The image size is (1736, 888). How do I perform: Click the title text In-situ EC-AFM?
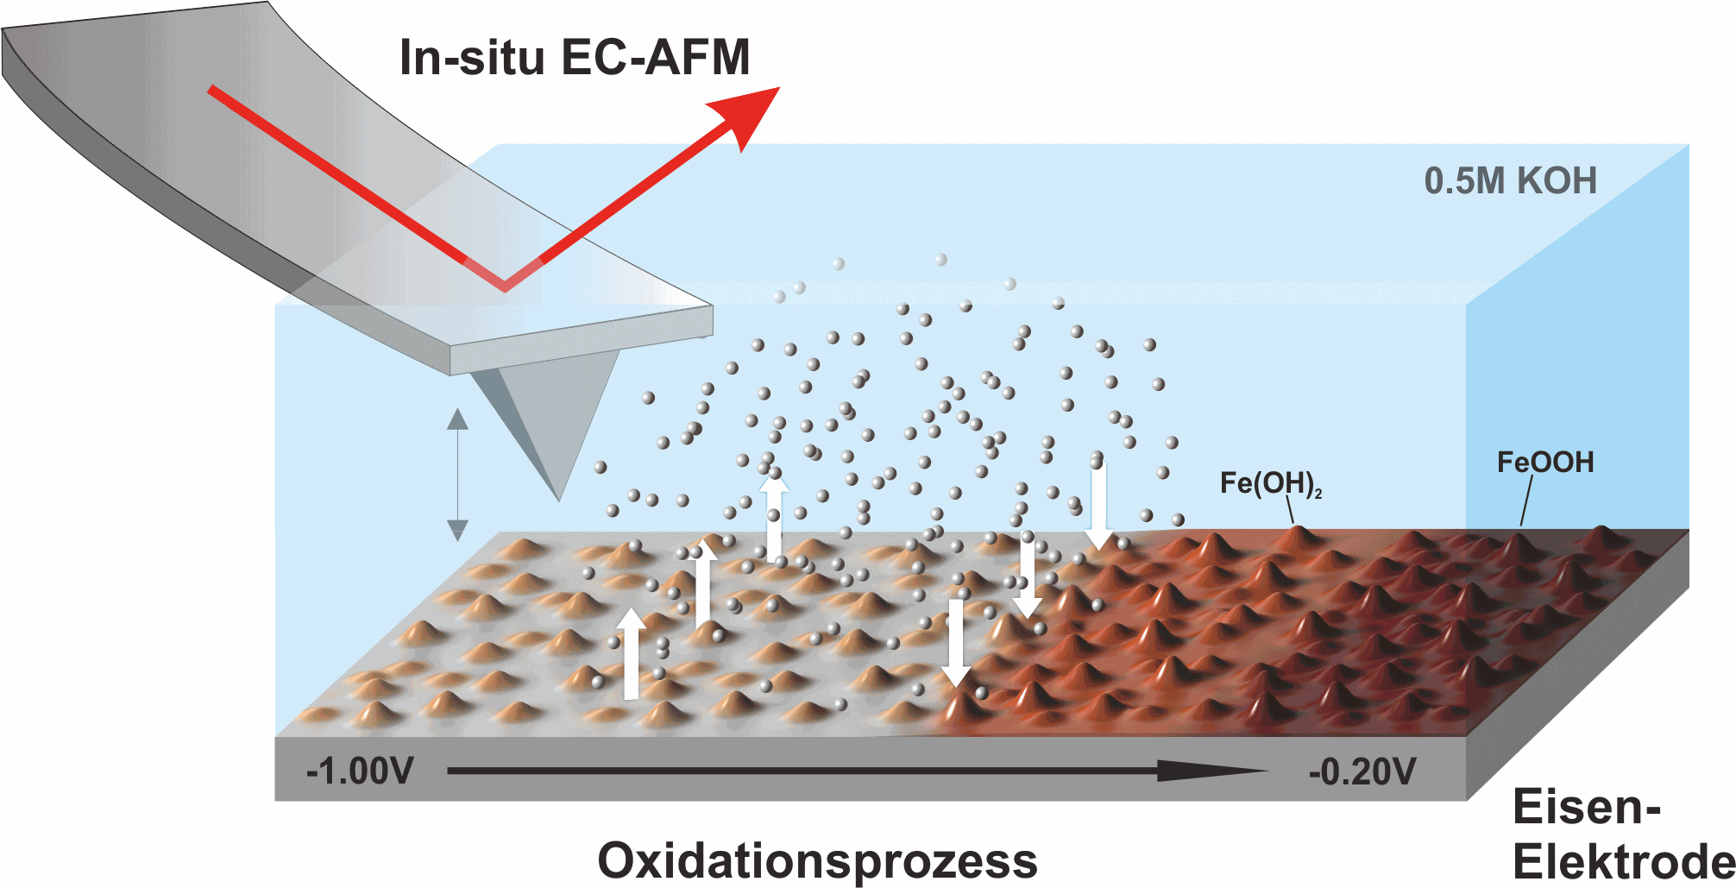click(575, 58)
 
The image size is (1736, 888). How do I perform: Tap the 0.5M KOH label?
click(1510, 181)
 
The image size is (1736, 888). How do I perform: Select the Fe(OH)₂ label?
click(1270, 483)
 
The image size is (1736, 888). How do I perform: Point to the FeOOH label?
click(1544, 463)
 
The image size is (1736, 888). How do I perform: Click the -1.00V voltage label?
click(360, 771)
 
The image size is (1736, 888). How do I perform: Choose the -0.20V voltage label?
click(1362, 771)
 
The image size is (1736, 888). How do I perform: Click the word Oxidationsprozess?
click(817, 860)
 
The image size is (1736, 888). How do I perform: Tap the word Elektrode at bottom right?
click(1624, 862)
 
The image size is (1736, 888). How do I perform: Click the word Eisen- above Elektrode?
click(1587, 808)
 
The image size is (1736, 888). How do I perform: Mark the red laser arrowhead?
click(746, 117)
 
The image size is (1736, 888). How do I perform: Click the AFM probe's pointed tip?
click(559, 500)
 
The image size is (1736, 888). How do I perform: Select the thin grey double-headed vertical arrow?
click(457, 475)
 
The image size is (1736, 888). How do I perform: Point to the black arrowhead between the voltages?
click(1212, 771)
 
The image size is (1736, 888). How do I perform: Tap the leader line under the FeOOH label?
click(1526, 501)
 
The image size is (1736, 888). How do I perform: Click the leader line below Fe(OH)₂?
click(1290, 511)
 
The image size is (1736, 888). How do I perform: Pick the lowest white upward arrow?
click(632, 653)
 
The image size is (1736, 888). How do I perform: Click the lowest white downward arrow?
click(956, 643)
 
